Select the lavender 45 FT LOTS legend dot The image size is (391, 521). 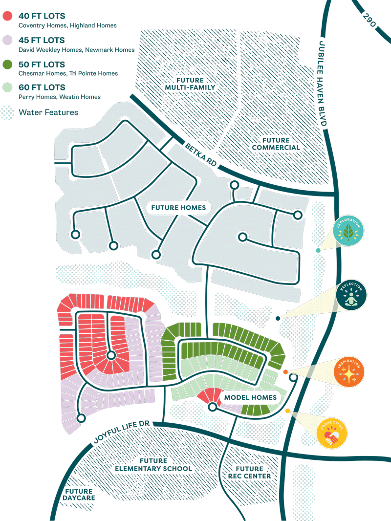[7, 40]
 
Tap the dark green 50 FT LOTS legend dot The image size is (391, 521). [7, 64]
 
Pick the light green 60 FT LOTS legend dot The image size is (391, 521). [7, 87]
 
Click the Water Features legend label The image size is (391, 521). [48, 112]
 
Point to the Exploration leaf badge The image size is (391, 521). [348, 231]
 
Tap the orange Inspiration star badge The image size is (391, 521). [348, 372]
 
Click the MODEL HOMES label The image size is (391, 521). [250, 397]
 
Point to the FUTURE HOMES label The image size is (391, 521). [178, 208]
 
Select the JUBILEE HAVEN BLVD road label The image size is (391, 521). [323, 84]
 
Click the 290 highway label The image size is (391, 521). [370, 22]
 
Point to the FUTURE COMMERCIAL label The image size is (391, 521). [274, 143]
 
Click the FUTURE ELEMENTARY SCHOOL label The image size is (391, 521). [153, 465]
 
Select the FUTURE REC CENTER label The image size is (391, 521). [249, 472]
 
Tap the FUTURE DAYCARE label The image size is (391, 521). [78, 495]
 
